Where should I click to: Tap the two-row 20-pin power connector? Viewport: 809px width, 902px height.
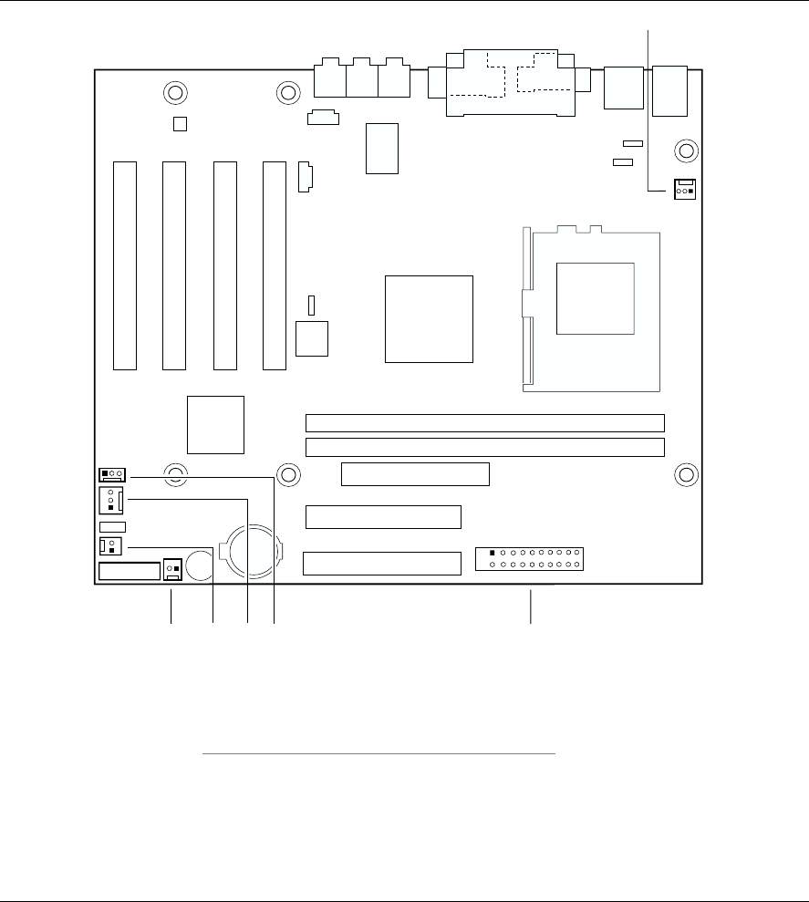pyautogui.click(x=530, y=558)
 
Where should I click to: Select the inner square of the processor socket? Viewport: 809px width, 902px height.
pyautogui.click(x=595, y=296)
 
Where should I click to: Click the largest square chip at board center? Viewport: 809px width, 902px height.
pyautogui.click(x=429, y=318)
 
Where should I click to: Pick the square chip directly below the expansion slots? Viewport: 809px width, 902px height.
pyautogui.click(x=216, y=425)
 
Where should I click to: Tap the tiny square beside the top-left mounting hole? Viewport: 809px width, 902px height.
pyautogui.click(x=180, y=123)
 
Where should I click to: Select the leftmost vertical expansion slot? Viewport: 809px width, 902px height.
pyautogui.click(x=125, y=265)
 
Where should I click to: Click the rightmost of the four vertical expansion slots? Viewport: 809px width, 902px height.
pyautogui.click(x=274, y=265)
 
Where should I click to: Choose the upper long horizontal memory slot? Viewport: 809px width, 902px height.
pyautogui.click(x=484, y=423)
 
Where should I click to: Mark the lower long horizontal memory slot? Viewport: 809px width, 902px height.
pyautogui.click(x=484, y=447)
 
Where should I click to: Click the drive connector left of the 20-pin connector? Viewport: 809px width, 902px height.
pyautogui.click(x=381, y=563)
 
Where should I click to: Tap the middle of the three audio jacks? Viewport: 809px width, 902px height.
pyautogui.click(x=361, y=80)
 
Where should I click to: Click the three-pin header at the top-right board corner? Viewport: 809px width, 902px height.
pyautogui.click(x=684, y=190)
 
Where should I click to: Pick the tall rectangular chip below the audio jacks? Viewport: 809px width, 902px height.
pyautogui.click(x=382, y=148)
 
